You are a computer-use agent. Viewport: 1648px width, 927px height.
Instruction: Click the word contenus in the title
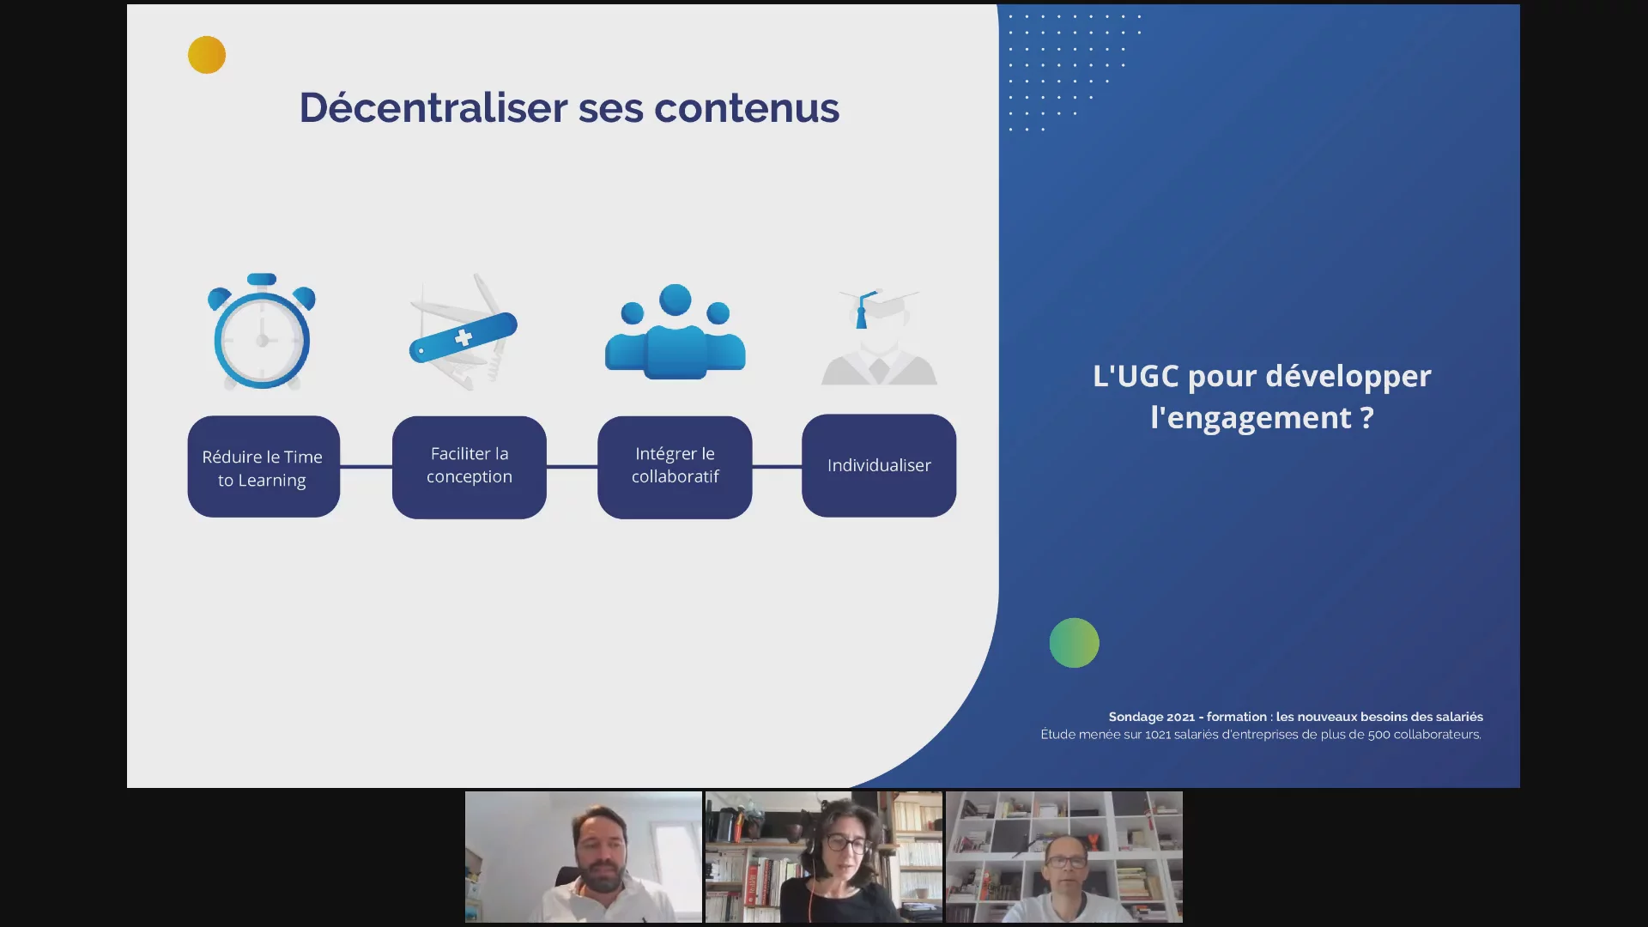tap(747, 109)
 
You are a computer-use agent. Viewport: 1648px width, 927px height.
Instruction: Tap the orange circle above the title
tap(207, 55)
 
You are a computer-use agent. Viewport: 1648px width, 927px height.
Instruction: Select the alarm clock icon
tap(262, 331)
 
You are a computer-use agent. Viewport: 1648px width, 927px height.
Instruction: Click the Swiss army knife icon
tap(463, 333)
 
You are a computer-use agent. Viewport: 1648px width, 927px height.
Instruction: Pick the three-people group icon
tap(676, 331)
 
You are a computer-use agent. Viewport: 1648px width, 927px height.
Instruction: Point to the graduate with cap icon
tap(879, 336)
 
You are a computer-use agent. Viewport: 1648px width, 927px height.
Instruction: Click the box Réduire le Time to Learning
tap(264, 467)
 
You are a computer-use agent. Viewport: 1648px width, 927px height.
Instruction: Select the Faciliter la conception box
tap(470, 467)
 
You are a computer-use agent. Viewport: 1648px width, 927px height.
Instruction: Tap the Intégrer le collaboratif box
tap(675, 467)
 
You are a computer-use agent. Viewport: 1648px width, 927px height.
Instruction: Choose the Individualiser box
tap(879, 465)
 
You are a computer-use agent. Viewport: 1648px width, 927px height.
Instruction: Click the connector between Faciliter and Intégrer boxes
tap(573, 467)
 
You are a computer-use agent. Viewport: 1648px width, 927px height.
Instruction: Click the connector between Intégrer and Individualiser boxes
tap(778, 467)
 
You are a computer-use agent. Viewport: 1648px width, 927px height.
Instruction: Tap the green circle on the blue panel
tap(1074, 643)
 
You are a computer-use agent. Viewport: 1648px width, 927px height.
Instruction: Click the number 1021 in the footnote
tap(1158, 735)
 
